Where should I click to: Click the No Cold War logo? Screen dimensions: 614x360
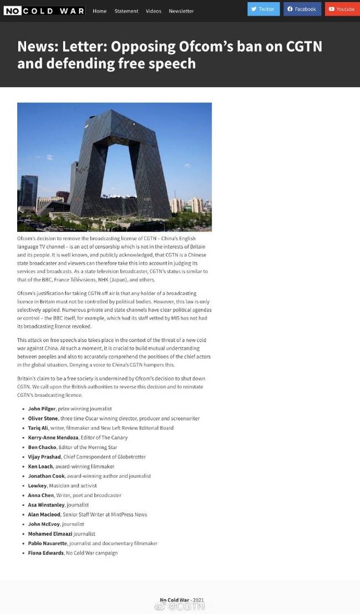click(x=44, y=11)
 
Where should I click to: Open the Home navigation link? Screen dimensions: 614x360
click(x=100, y=11)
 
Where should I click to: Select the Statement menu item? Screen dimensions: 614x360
click(x=126, y=11)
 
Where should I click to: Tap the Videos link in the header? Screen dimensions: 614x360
click(x=153, y=11)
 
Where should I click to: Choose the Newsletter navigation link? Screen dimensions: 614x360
click(x=181, y=11)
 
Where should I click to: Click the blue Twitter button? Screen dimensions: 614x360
click(x=263, y=9)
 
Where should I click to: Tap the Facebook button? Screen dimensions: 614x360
click(x=302, y=9)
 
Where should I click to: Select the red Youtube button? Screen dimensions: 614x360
click(x=342, y=9)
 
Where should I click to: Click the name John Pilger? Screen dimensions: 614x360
click(x=42, y=408)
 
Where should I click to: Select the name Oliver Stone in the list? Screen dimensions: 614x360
click(x=43, y=418)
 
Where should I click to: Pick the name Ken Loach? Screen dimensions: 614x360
click(x=40, y=466)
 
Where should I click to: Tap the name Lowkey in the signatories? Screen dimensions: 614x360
click(x=37, y=485)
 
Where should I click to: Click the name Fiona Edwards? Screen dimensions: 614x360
click(x=45, y=553)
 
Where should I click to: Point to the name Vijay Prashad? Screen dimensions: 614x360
click(x=44, y=457)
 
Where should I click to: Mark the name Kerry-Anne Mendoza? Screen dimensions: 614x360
click(x=52, y=438)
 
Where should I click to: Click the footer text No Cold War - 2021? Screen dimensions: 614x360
click(x=182, y=600)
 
